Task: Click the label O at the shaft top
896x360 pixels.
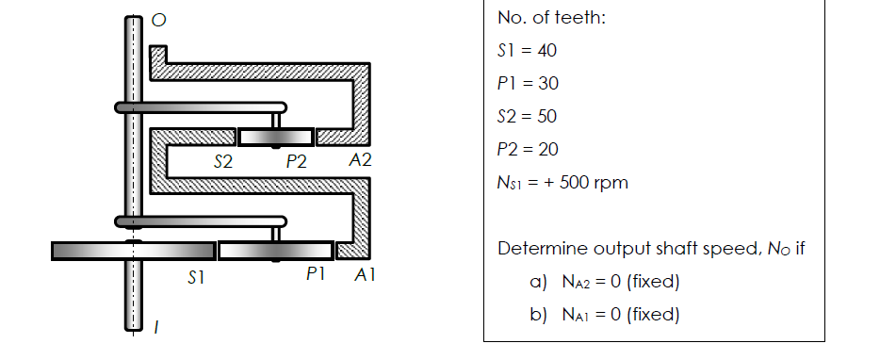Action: coord(159,22)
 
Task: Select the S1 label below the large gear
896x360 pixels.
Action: coord(195,278)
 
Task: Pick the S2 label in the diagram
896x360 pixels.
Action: coord(223,161)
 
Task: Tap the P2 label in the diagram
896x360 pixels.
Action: coord(297,161)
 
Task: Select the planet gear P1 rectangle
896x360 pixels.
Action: coord(275,251)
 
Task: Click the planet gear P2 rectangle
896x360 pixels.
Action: coord(275,138)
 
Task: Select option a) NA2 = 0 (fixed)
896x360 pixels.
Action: coord(604,282)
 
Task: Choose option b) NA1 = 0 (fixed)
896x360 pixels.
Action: coord(604,315)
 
